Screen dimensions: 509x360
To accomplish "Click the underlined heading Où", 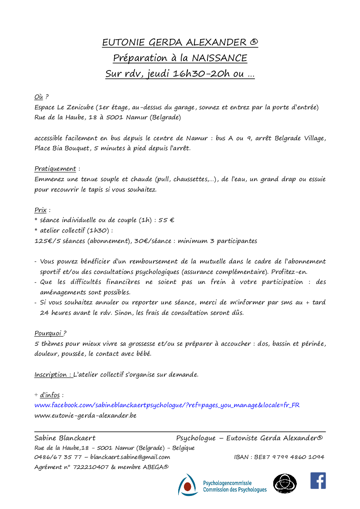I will (39, 97).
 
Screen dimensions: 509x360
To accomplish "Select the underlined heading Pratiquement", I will (55, 169).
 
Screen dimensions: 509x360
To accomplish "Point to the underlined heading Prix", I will (41, 210).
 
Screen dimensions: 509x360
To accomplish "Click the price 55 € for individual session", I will (166, 220).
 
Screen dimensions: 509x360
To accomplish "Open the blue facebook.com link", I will (167, 405).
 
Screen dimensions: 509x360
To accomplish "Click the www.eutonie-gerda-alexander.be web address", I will (85, 415).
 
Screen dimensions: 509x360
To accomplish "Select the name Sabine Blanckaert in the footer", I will (65, 438).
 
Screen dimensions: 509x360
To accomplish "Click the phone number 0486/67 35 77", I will (58, 457).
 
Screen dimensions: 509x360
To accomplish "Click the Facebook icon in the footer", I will (318, 481).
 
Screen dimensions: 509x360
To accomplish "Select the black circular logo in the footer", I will (285, 484).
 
